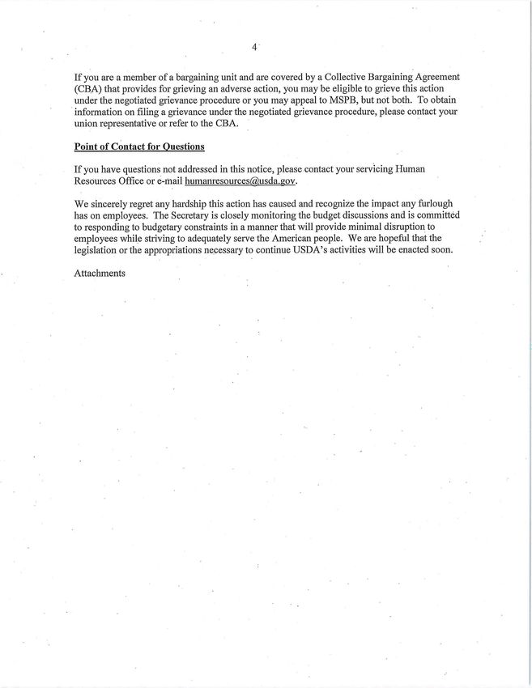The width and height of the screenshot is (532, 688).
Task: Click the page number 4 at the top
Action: (253, 48)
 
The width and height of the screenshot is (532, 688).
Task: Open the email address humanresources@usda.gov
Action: (234, 180)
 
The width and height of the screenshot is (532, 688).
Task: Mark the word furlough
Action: (434, 204)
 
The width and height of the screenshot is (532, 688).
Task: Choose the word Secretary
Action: (200, 215)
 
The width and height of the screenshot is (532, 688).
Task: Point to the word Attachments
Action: (100, 274)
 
